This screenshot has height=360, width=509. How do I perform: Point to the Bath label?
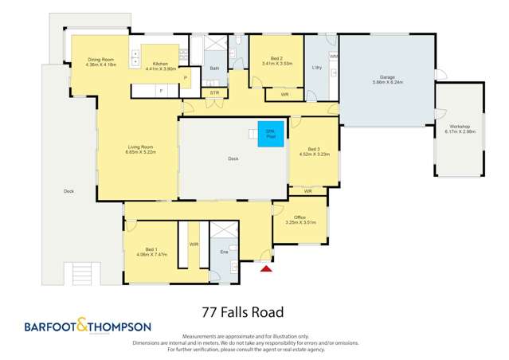pyautogui.click(x=214, y=69)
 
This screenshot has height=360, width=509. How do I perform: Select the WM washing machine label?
pyautogui.click(x=334, y=57)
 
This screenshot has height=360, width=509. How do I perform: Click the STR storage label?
pyautogui.click(x=214, y=93)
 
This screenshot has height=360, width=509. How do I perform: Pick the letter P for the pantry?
pyautogui.click(x=185, y=78)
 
